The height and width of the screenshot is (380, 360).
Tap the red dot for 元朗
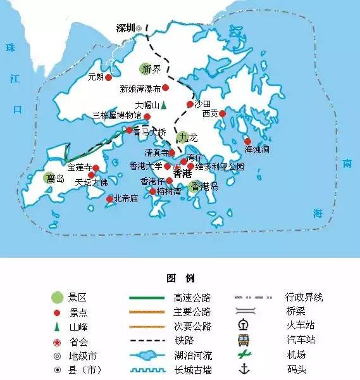[x=108, y=77]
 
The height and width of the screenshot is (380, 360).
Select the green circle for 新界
[x=147, y=69]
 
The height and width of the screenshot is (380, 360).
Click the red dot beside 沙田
[x=189, y=104]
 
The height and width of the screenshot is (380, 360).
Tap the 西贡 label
[x=210, y=114]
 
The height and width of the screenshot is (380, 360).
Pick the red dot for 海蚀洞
[x=247, y=141]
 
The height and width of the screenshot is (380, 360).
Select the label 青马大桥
[x=149, y=133]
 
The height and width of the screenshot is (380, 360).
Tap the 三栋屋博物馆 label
[x=116, y=117]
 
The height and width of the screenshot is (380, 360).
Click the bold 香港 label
[x=182, y=173]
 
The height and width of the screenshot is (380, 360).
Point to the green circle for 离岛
[x=49, y=179]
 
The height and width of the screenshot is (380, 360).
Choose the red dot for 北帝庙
[x=109, y=198]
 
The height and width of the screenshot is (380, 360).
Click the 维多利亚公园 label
[x=219, y=167]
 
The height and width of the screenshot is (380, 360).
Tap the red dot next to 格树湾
[x=152, y=191]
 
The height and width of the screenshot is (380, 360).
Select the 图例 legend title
[x=180, y=279]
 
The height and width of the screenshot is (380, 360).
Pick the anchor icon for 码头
[x=244, y=369]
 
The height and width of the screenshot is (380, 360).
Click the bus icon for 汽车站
[x=244, y=340]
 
